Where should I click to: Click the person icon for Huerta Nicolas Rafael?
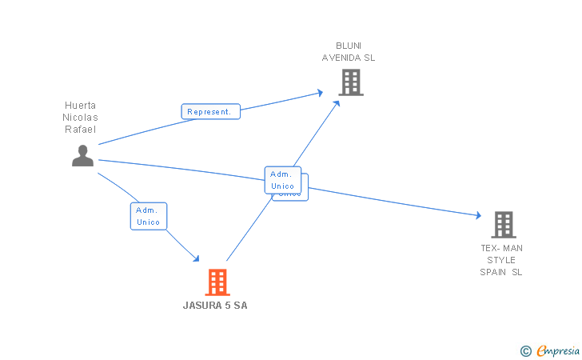[82, 155]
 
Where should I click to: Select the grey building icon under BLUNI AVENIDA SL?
[350, 82]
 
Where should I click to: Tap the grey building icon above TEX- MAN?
[503, 225]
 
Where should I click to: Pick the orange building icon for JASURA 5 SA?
[217, 282]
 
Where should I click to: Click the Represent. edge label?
[210, 112]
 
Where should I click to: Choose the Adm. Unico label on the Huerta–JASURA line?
[149, 216]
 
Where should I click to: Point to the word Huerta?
[80, 105]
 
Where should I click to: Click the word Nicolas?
[80, 117]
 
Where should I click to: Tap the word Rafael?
[80, 129]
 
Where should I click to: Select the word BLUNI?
[349, 46]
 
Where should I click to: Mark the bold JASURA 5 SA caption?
[215, 306]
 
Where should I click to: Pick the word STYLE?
[501, 260]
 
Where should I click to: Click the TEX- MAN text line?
[501, 248]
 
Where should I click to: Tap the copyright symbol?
[525, 350]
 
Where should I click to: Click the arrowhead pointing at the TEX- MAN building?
[478, 215]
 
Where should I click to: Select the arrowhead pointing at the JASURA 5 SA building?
[195, 258]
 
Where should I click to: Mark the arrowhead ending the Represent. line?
[320, 93]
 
